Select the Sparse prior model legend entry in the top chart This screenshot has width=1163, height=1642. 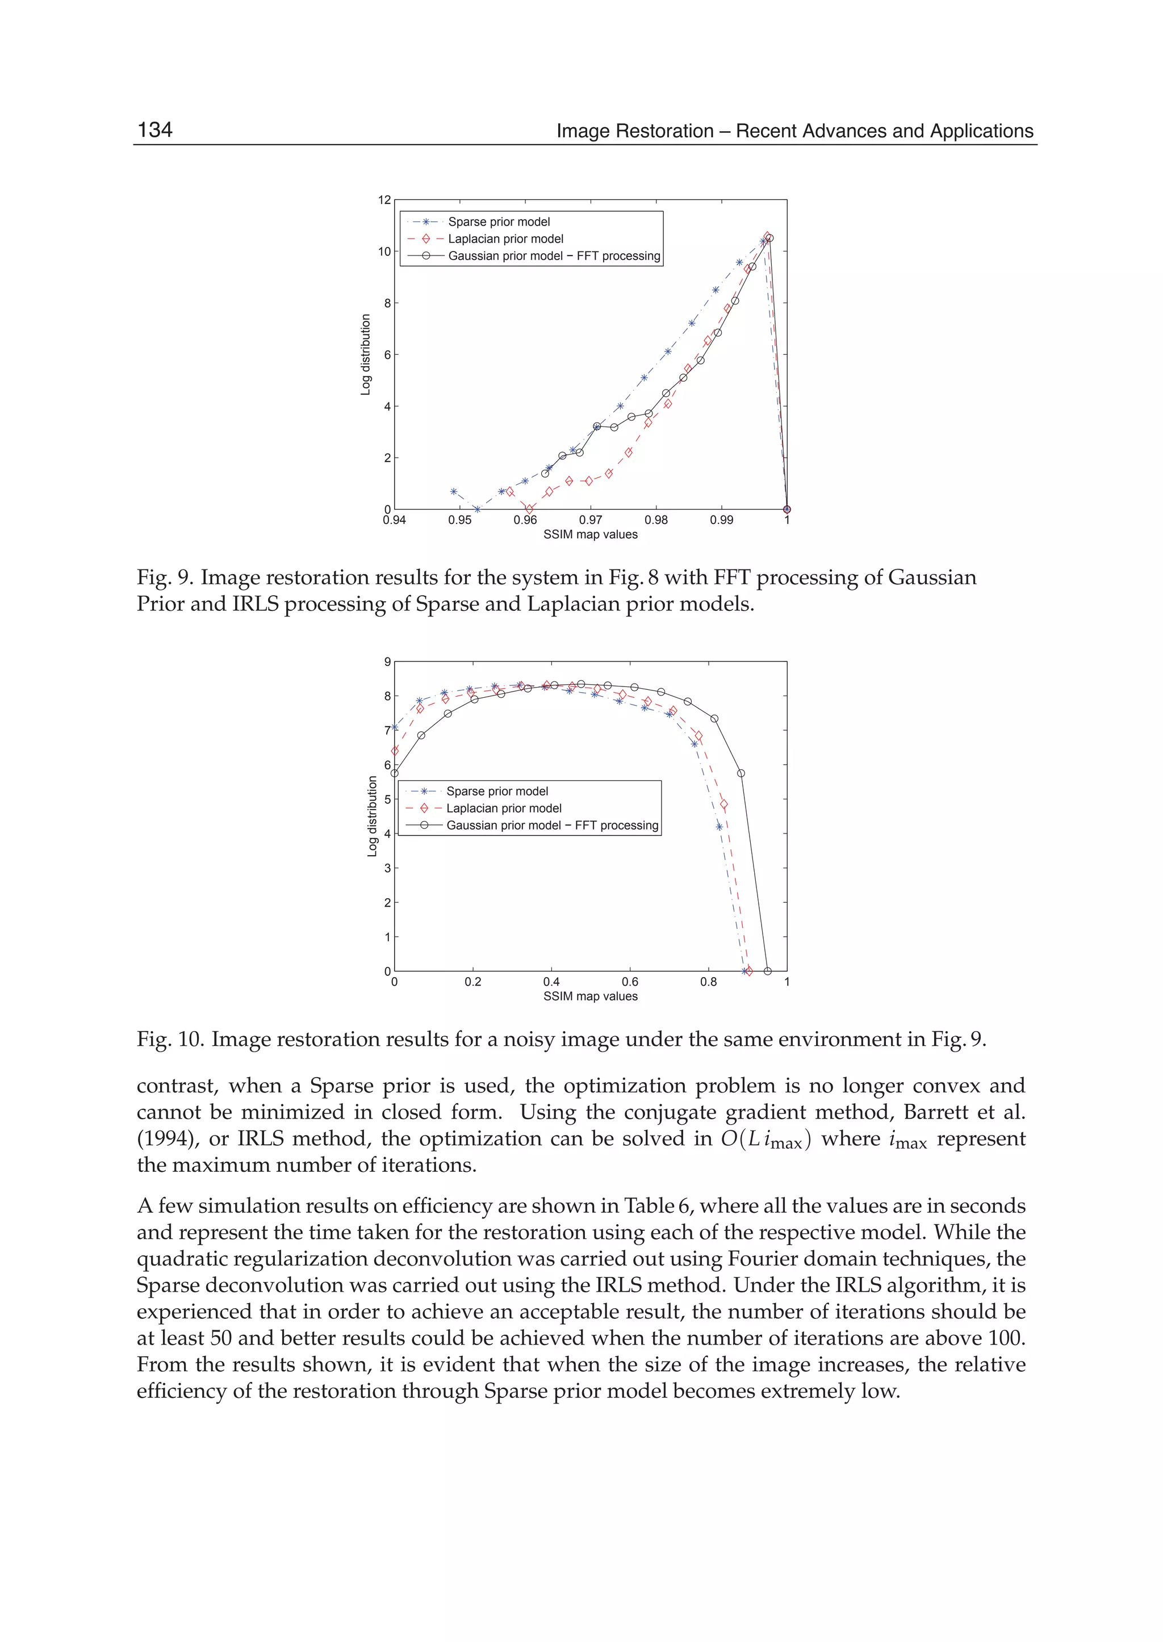499,222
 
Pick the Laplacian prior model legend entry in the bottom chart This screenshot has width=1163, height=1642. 504,808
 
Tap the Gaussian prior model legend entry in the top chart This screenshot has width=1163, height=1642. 554,255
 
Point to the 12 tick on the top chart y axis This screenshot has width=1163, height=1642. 384,200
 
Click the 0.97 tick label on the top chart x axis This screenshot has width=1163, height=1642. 590,520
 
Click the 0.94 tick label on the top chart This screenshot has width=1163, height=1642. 394,520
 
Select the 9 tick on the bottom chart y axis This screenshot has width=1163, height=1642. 387,661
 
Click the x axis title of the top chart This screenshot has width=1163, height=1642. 590,534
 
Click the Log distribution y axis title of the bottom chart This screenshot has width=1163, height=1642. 372,816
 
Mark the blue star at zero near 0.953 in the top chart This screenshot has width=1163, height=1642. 477,509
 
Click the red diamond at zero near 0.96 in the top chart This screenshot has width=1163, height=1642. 529,509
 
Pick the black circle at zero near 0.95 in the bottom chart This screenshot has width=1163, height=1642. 768,971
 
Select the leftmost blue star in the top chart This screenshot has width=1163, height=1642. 453,492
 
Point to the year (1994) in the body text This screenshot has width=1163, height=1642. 165,1138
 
